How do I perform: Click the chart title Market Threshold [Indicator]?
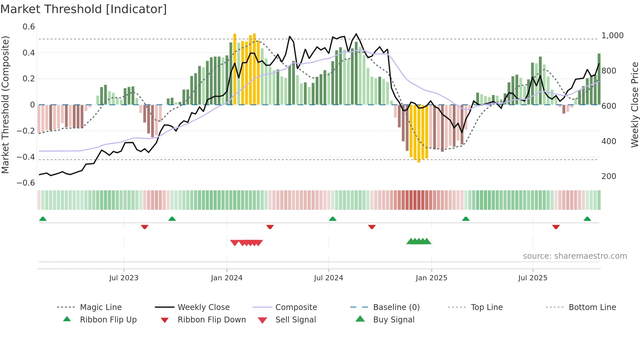pyautogui.click(x=84, y=9)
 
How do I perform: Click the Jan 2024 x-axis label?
pyautogui.click(x=227, y=278)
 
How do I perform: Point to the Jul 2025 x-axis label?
pyautogui.click(x=533, y=278)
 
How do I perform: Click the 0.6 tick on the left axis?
pyautogui.click(x=29, y=27)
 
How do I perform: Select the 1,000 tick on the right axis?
pyautogui.click(x=612, y=35)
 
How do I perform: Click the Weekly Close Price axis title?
pyautogui.click(x=634, y=105)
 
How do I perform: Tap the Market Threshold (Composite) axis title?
pyautogui.click(x=5, y=105)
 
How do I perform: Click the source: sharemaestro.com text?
pyautogui.click(x=575, y=256)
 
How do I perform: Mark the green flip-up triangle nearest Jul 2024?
pyautogui.click(x=332, y=219)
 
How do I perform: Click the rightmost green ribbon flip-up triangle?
pyautogui.click(x=587, y=219)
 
